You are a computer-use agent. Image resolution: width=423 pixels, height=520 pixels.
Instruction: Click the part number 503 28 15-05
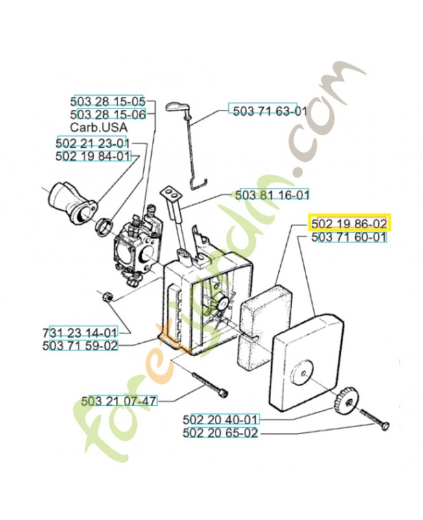(108, 102)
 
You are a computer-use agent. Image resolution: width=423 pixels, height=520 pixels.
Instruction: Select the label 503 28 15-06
(108, 114)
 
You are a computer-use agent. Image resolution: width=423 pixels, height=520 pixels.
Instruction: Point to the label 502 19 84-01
(93, 156)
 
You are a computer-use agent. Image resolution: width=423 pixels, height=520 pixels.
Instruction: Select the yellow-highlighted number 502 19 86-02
(349, 224)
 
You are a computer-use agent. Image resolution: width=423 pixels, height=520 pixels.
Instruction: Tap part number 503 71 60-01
(349, 238)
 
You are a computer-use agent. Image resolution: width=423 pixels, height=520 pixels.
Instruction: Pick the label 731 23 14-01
(80, 333)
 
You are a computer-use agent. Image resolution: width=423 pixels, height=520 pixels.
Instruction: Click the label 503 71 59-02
(80, 346)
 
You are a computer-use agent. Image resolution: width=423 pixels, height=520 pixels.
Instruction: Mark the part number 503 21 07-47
(119, 400)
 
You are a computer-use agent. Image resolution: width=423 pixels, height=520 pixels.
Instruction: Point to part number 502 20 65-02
(221, 433)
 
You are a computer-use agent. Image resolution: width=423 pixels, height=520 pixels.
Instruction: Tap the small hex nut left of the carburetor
(106, 296)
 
